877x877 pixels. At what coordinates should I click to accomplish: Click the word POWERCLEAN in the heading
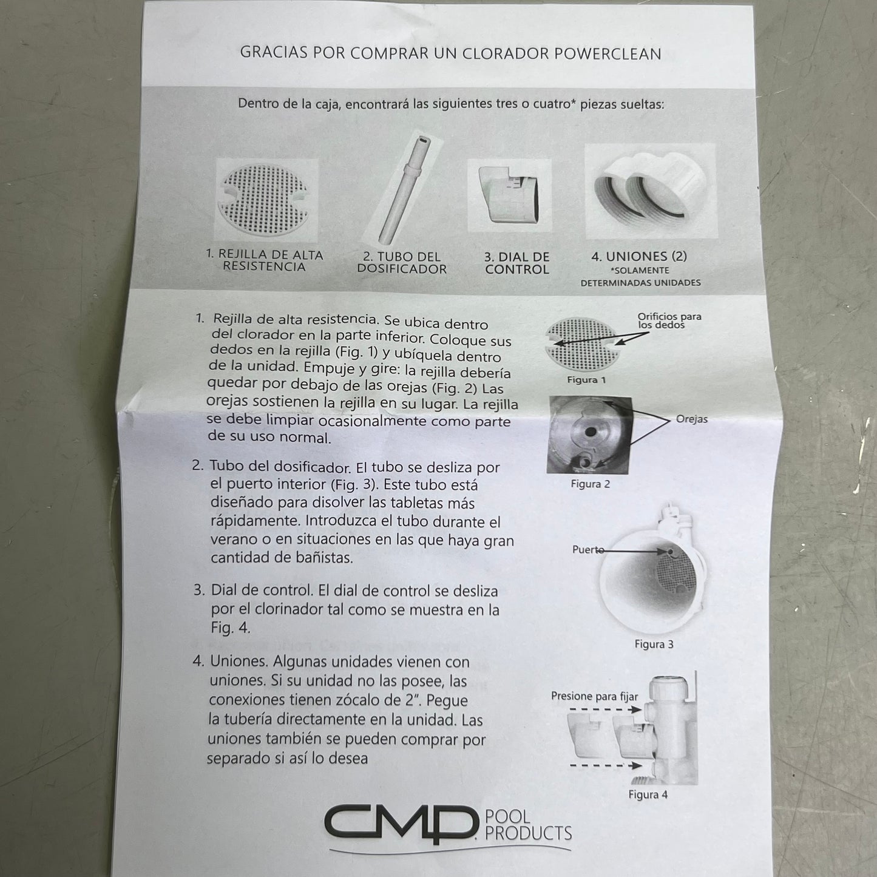click(608, 53)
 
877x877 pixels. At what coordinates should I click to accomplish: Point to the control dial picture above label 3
click(510, 195)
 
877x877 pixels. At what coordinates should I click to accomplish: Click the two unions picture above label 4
click(651, 191)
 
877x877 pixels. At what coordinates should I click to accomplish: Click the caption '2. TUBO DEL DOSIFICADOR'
click(402, 263)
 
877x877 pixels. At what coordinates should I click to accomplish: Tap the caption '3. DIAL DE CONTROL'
click(517, 263)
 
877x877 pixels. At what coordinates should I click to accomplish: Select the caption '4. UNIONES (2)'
click(639, 256)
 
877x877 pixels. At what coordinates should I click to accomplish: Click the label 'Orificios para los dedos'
click(669, 320)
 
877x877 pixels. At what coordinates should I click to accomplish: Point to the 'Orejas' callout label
click(692, 419)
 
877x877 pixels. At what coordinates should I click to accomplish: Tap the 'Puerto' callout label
click(587, 549)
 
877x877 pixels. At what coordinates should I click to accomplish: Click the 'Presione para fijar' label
click(594, 696)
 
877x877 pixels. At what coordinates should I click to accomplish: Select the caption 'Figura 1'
click(586, 379)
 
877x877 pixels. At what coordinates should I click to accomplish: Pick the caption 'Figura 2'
click(591, 484)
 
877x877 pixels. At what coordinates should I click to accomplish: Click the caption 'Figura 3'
click(654, 644)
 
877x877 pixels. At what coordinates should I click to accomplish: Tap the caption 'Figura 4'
click(648, 794)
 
